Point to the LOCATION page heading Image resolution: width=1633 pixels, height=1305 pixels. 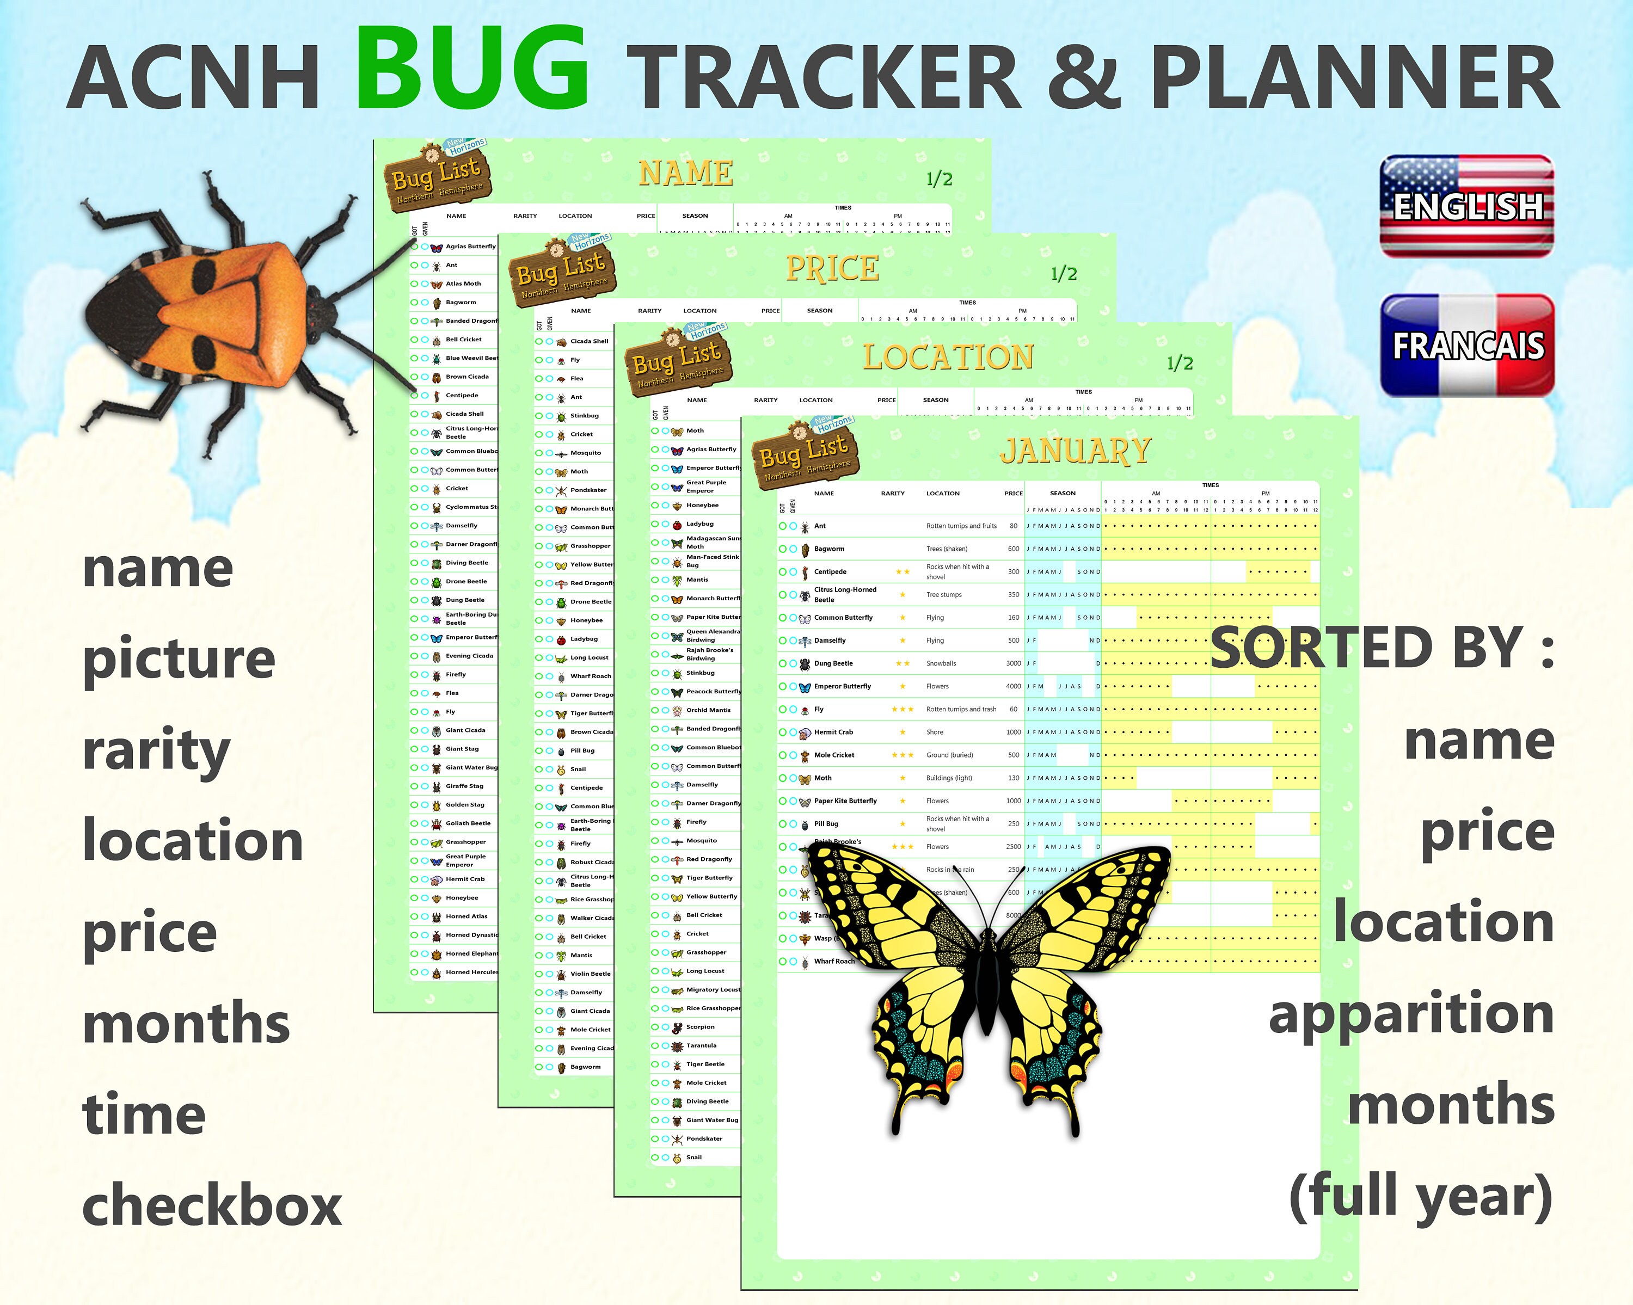point(948,358)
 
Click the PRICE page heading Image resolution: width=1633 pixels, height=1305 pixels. point(832,268)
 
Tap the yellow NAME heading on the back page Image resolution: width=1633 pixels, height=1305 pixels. point(685,174)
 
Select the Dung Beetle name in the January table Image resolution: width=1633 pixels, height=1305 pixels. point(833,663)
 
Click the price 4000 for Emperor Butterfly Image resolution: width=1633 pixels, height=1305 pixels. point(1012,686)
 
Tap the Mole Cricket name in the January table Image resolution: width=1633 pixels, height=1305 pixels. point(834,755)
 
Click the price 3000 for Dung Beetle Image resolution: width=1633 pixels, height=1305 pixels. point(1012,663)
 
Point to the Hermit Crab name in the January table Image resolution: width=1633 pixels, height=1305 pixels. point(833,732)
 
